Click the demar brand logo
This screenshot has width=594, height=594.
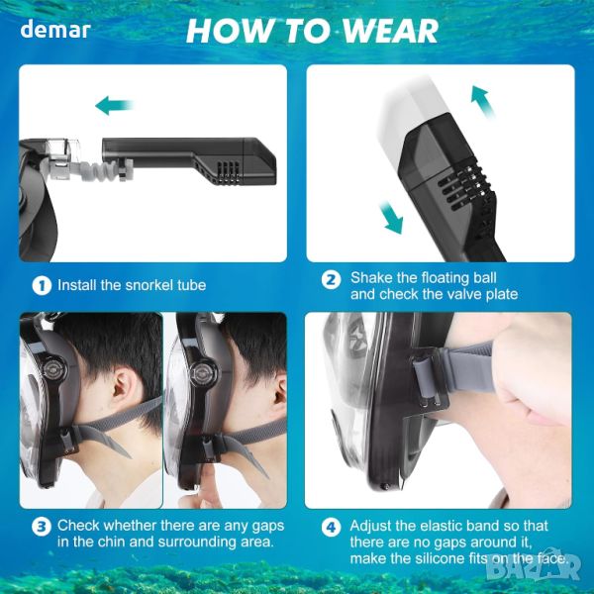(55, 30)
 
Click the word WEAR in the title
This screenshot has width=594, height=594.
(390, 31)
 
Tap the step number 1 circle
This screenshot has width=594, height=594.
(42, 286)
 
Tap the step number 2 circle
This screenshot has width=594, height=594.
(331, 280)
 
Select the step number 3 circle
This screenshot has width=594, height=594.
(42, 527)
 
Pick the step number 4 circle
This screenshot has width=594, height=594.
(331, 527)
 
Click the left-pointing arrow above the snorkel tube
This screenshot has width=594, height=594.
(115, 105)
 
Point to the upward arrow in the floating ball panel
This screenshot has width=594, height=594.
(483, 101)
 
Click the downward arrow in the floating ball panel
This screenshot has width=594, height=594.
(392, 218)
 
